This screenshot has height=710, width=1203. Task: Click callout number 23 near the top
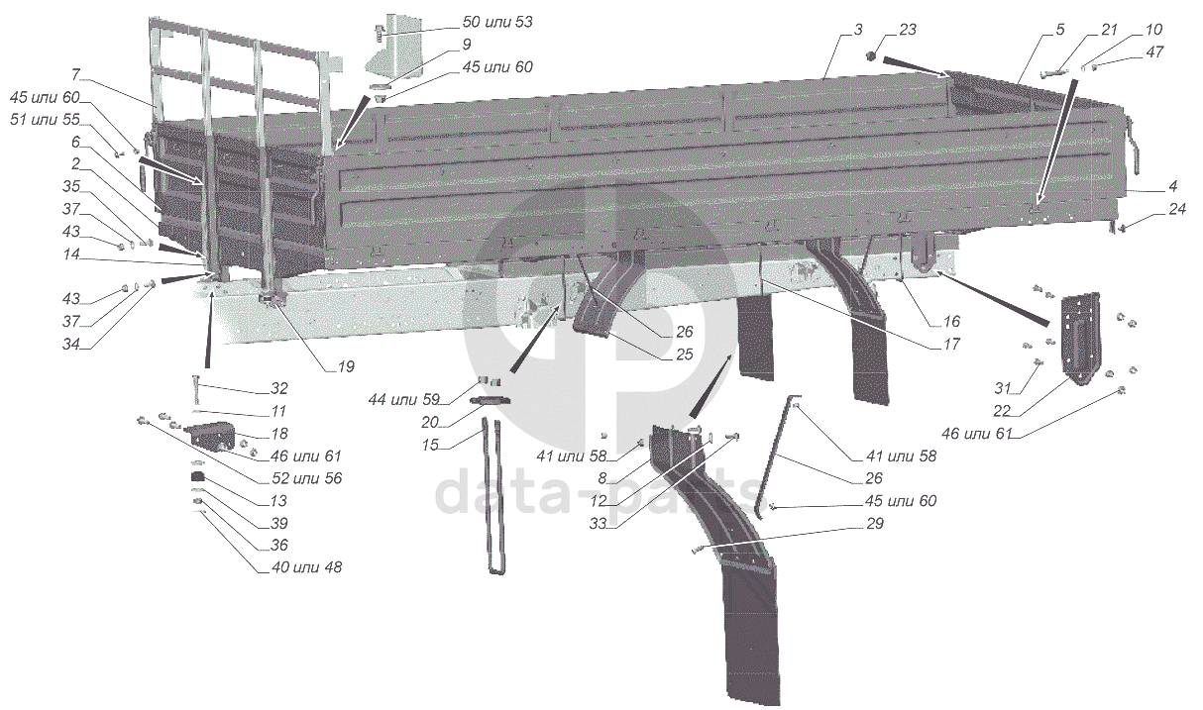[x=909, y=30]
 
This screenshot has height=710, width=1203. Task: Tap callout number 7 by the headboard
[x=75, y=73]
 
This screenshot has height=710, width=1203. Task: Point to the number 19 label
[x=345, y=366]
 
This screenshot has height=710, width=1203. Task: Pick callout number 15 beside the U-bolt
[x=430, y=446]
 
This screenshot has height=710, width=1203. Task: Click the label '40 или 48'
[x=300, y=567]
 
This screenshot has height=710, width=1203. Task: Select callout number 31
[x=1003, y=386]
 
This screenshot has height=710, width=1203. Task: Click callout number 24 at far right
[x=1177, y=209]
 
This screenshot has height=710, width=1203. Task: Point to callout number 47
[x=1128, y=51]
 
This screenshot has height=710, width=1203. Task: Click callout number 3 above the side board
[x=859, y=30]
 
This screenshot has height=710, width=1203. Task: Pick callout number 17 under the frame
[x=951, y=345]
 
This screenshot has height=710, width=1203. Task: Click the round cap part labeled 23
[x=874, y=56]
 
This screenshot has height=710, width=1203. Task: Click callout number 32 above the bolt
[x=279, y=387]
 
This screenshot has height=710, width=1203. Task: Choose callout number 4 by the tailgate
[x=1172, y=185]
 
